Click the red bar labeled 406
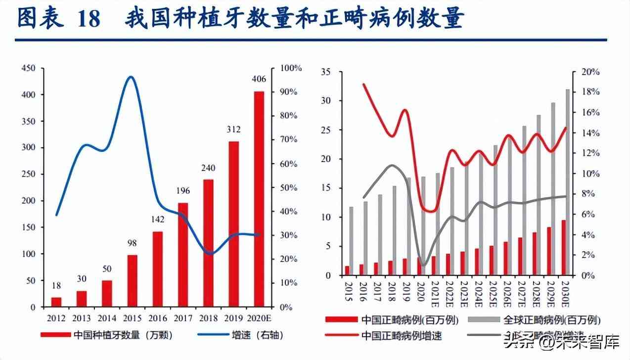(x=259, y=199)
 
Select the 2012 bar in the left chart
(x=56, y=302)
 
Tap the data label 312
(x=233, y=130)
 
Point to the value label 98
(x=132, y=243)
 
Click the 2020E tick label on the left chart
(x=259, y=317)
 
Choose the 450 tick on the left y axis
(x=28, y=68)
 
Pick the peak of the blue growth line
(x=131, y=77)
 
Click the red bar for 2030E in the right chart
(x=563, y=247)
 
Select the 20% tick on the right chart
(x=590, y=72)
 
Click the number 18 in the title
(x=89, y=19)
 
